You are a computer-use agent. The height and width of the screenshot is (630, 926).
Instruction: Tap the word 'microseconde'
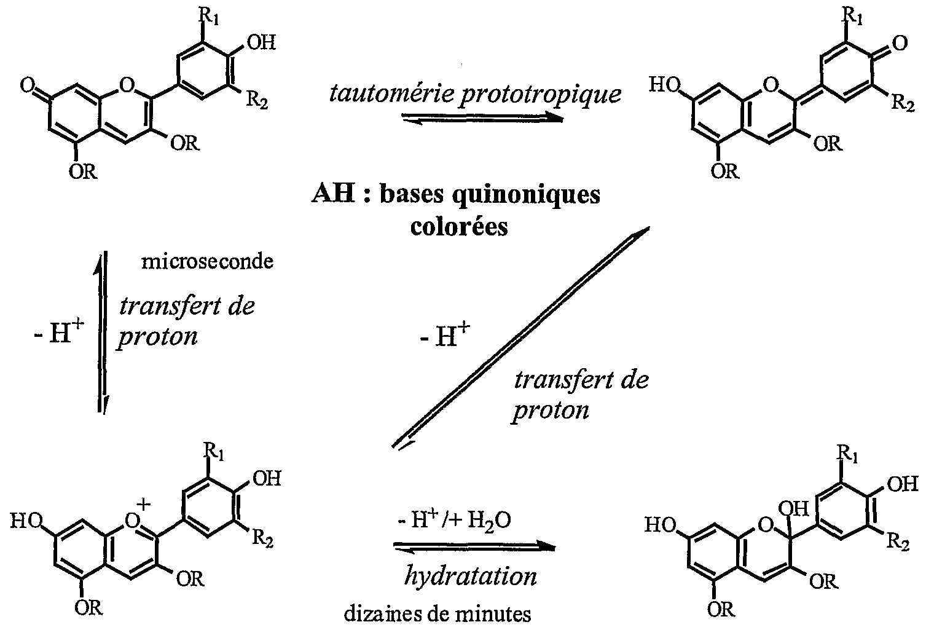pyautogui.click(x=208, y=262)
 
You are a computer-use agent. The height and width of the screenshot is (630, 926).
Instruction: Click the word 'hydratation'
pyautogui.click(x=471, y=576)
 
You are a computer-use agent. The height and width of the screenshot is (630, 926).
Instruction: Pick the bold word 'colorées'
pyautogui.click(x=459, y=226)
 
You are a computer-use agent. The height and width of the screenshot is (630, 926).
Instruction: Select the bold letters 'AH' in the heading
pyautogui.click(x=333, y=193)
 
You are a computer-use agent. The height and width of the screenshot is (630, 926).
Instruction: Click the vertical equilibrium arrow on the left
pyautogui.click(x=102, y=332)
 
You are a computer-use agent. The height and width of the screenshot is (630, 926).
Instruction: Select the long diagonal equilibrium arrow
pyautogui.click(x=521, y=337)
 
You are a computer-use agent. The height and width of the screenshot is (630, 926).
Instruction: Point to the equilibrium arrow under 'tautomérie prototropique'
pyautogui.click(x=483, y=119)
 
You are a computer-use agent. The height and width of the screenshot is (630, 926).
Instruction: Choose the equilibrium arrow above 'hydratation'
pyautogui.click(x=474, y=546)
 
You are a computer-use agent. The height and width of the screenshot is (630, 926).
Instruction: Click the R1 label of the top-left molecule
pyautogui.click(x=209, y=17)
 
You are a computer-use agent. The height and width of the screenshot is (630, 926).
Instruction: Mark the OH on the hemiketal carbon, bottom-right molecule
pyautogui.click(x=793, y=508)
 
